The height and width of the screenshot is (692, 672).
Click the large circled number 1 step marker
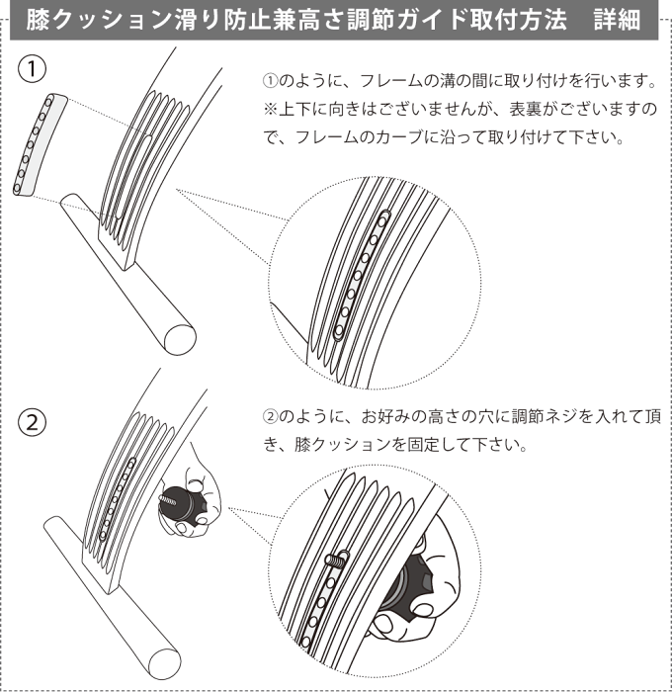(32, 69)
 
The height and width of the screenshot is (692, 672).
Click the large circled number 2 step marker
(32, 423)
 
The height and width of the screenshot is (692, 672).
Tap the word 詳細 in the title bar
(617, 21)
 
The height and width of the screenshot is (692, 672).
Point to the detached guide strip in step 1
(39, 144)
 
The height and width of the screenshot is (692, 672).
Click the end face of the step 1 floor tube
(180, 339)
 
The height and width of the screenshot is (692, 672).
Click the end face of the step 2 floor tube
(165, 663)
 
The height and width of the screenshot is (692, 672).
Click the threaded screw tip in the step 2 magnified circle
(336, 560)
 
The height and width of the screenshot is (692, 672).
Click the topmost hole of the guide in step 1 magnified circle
(382, 218)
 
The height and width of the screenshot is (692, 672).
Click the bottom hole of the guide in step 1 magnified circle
(339, 330)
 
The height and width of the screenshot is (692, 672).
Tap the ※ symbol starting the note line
(270, 110)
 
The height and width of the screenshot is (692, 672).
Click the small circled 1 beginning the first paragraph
(270, 81)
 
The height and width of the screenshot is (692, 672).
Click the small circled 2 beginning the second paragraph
(270, 416)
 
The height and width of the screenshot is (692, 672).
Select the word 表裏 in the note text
(525, 110)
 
